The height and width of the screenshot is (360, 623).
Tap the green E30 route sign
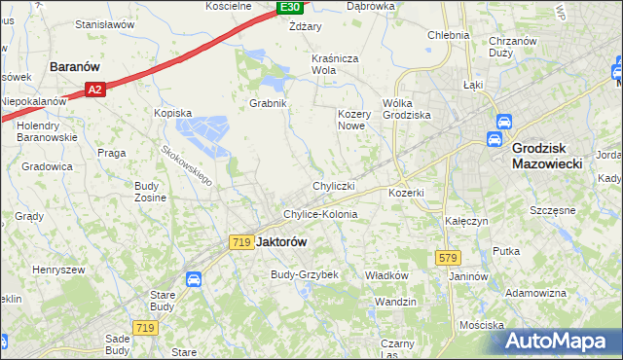(x=289, y=8)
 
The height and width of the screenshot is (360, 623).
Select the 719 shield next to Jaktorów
(x=241, y=242)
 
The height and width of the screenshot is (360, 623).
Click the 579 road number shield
(x=447, y=257)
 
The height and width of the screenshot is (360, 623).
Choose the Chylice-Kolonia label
(x=320, y=214)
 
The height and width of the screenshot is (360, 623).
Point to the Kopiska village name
(x=172, y=113)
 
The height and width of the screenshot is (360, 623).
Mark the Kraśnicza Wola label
(x=337, y=64)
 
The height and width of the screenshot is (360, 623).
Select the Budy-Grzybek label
(x=304, y=275)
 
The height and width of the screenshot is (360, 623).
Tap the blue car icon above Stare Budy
(x=194, y=279)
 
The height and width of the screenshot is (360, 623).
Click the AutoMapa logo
(x=562, y=341)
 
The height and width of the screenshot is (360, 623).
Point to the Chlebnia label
(x=448, y=35)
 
